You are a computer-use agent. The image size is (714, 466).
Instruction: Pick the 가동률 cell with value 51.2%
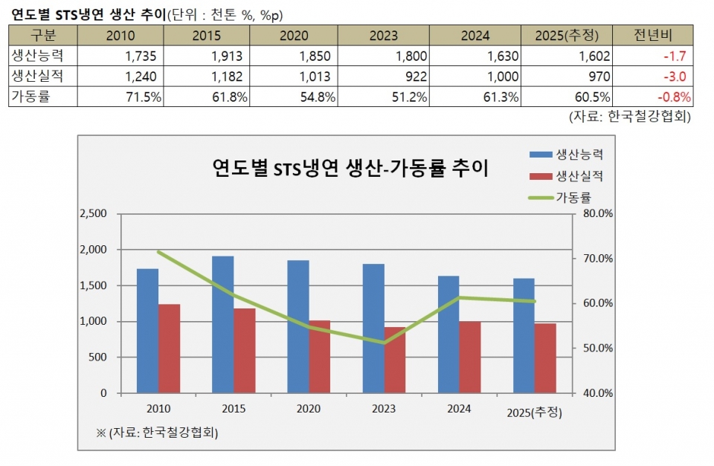pos(401,97)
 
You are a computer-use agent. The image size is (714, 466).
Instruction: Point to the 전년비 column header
pos(654,35)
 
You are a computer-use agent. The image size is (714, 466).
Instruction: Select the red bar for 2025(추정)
pos(545,357)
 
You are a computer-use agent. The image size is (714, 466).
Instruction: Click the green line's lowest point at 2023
pos(384,343)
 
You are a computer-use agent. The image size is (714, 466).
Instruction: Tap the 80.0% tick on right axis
pos(596,214)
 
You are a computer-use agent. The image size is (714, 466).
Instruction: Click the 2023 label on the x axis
pos(384,409)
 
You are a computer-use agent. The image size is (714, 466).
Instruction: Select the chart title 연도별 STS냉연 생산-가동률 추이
pos(350,167)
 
